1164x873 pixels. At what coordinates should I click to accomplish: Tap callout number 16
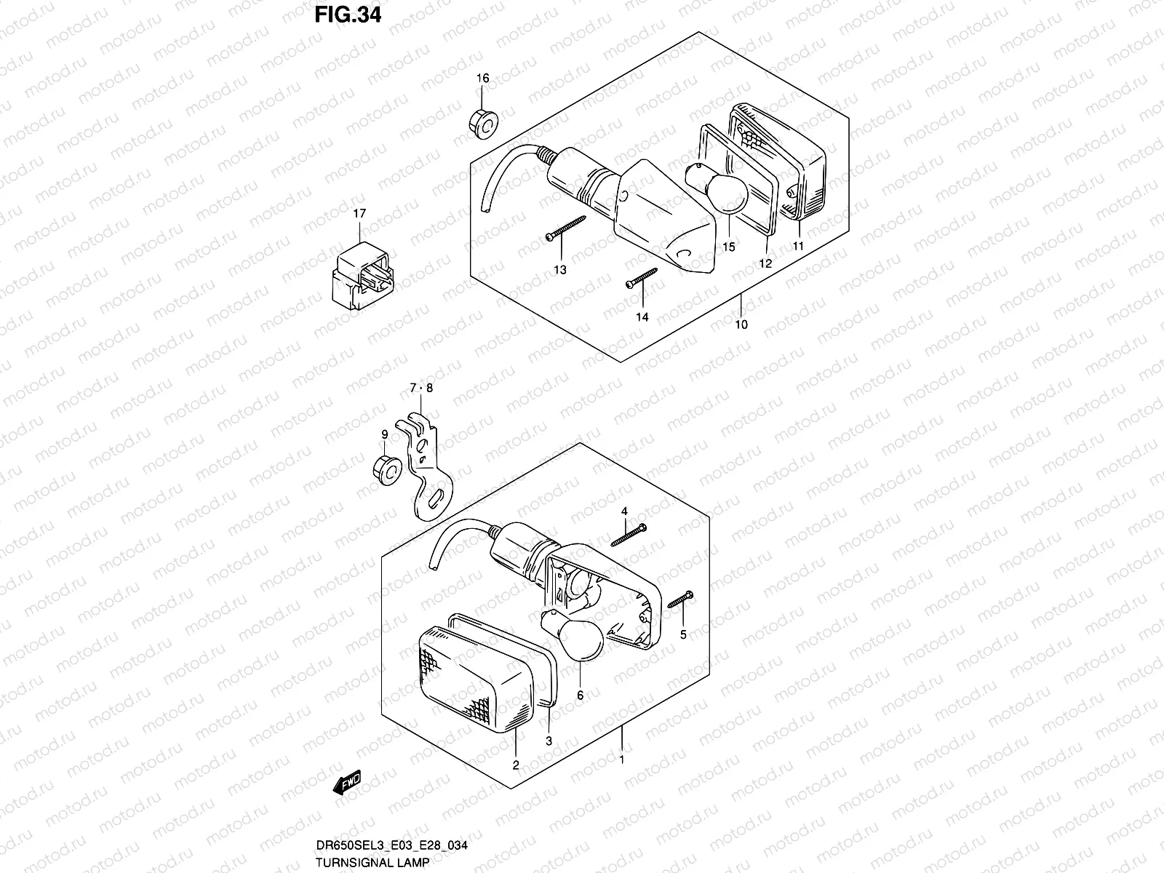[x=483, y=79]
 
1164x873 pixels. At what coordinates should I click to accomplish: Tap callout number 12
[x=765, y=264]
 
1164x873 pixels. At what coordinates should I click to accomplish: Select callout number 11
[x=798, y=247]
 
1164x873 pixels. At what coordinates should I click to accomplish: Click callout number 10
[x=741, y=324]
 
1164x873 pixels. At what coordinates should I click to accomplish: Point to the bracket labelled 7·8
[x=426, y=466]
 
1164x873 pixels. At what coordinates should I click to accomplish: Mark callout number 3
[x=549, y=741]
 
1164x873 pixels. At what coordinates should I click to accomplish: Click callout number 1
[x=621, y=760]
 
